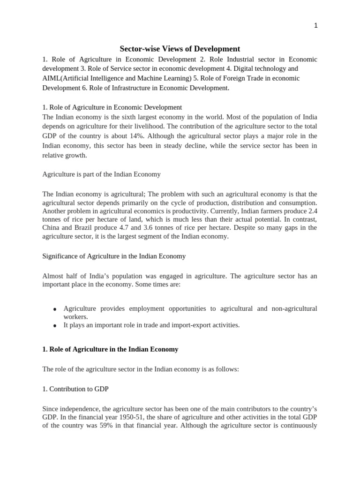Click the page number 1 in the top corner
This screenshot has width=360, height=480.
pyautogui.click(x=315, y=26)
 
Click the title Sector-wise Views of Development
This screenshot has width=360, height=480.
pyautogui.click(x=180, y=49)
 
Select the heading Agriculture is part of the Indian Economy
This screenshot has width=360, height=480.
pyautogui.click(x=101, y=174)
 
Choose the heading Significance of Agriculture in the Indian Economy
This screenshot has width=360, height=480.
pyautogui.click(x=114, y=256)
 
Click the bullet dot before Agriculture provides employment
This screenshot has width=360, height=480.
pyautogui.click(x=55, y=309)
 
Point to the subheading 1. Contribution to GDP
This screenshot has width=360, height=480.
pyautogui.click(x=75, y=389)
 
